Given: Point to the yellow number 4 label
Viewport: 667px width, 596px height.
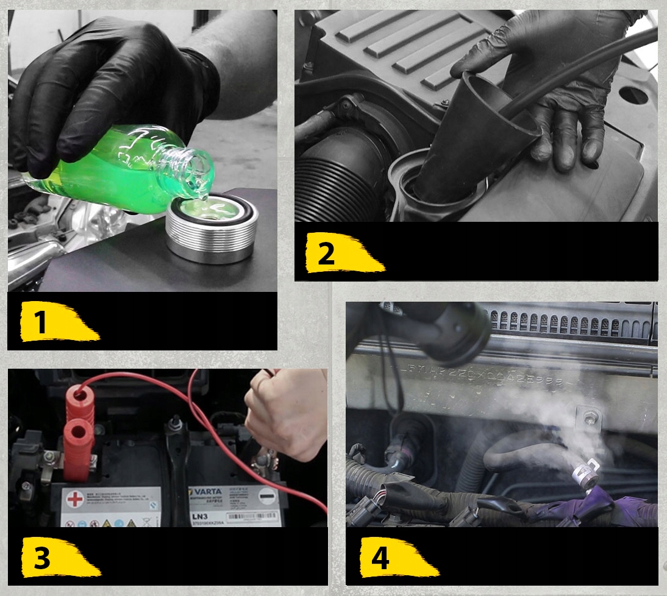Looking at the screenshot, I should [x=396, y=558].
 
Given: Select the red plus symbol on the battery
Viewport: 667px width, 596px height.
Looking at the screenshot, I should [x=74, y=499].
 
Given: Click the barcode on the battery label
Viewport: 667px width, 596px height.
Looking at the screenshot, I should [x=253, y=516].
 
